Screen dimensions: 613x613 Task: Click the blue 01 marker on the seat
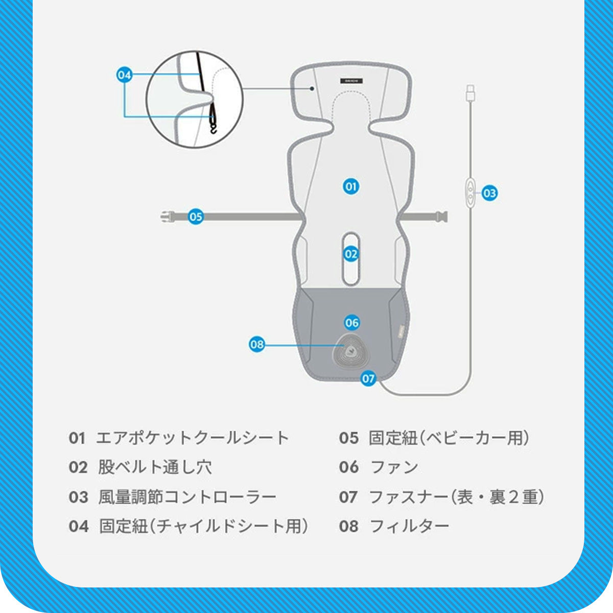[x=351, y=186]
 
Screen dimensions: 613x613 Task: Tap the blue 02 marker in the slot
[x=351, y=254]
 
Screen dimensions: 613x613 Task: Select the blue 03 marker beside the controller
[x=489, y=193]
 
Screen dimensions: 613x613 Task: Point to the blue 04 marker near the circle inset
[x=124, y=75]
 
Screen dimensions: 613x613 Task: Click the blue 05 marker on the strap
[x=196, y=217]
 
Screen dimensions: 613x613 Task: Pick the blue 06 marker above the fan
[x=352, y=323]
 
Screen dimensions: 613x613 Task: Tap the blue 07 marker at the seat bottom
[x=368, y=378]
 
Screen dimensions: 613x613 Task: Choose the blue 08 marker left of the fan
[x=257, y=344]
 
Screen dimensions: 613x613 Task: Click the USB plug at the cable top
[x=470, y=93]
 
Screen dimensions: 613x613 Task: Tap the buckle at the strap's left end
[x=168, y=217]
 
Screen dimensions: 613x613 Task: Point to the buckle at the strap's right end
[x=442, y=217]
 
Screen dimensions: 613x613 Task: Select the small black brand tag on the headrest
[x=351, y=81]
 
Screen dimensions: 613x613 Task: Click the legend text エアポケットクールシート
[x=193, y=438]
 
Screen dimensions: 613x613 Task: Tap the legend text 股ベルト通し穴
[x=155, y=467]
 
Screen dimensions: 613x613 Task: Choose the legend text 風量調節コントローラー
[x=187, y=497]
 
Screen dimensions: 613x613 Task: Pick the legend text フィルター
[x=409, y=526]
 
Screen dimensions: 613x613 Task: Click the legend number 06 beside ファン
[x=349, y=467]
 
